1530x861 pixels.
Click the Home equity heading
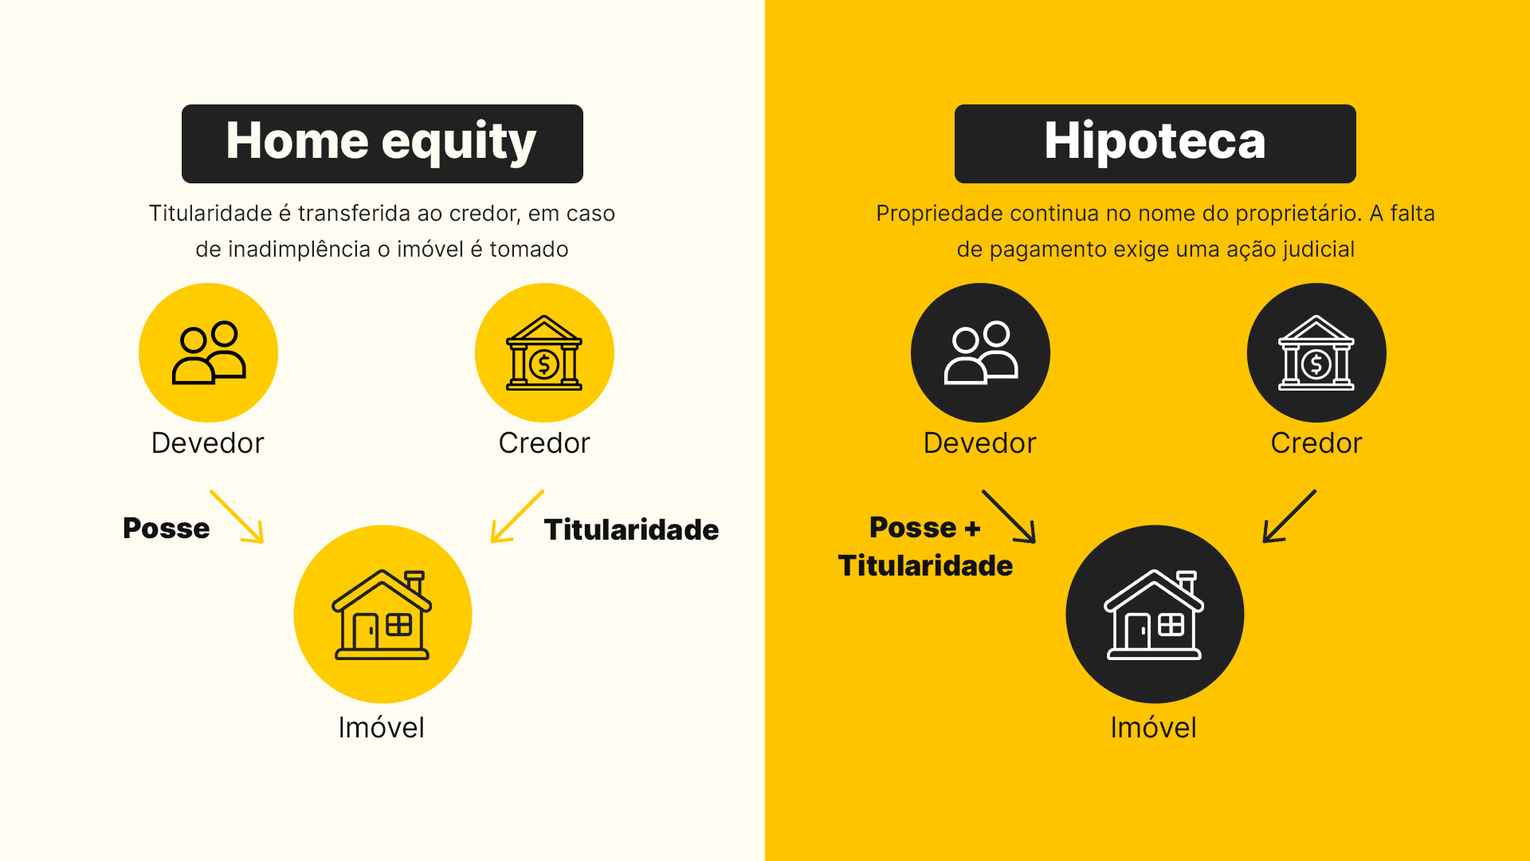382,143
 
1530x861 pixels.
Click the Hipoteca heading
1155,143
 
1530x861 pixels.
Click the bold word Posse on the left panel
166,529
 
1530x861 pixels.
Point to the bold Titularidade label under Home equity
631,530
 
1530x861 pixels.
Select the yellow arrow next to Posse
237,517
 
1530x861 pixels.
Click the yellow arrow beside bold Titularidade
517,517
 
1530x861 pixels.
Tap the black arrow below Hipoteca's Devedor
1009,517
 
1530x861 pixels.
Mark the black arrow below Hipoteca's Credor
1289,517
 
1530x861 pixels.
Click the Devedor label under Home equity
207,443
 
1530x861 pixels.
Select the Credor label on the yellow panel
1316,443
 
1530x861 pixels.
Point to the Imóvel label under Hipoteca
1153,728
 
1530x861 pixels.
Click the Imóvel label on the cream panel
381,728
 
